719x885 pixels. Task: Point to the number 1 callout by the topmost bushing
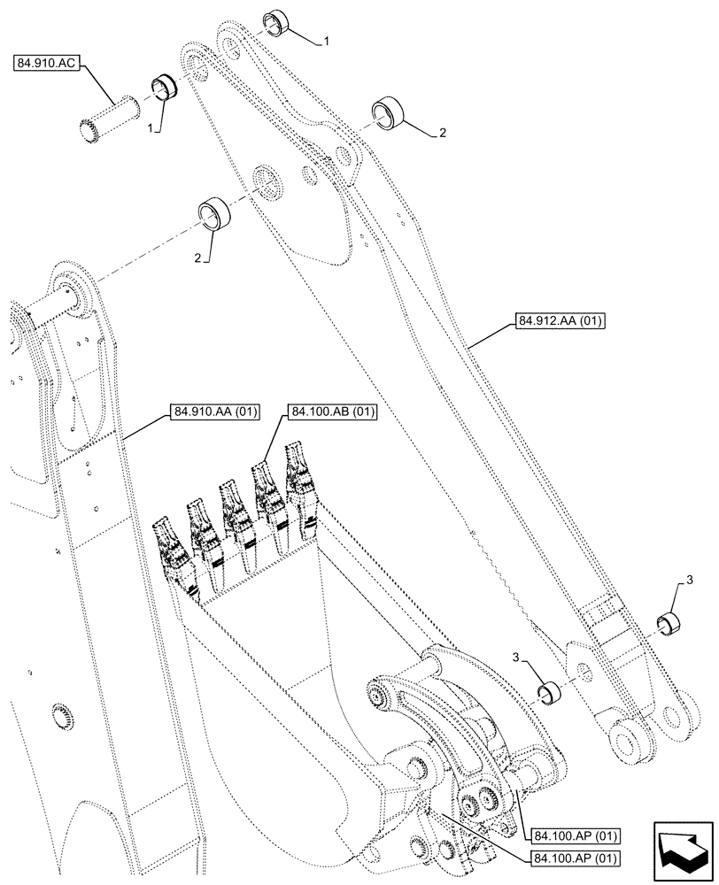[x=327, y=42]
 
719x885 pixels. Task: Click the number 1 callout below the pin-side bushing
[x=152, y=129]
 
